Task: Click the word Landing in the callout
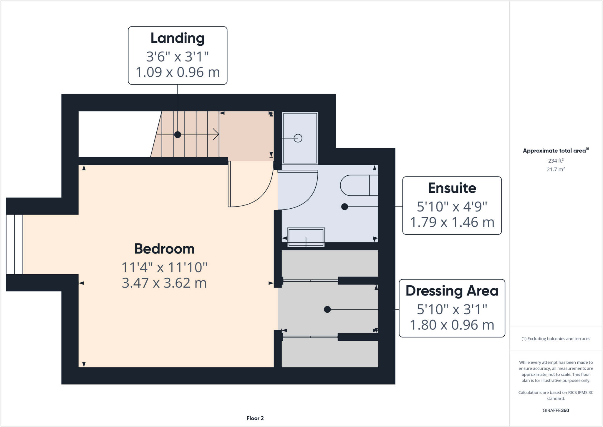(x=178, y=38)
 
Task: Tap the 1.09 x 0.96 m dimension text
(x=178, y=72)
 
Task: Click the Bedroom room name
(x=164, y=249)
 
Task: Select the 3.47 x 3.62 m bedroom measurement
(x=164, y=283)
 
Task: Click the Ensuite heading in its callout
(x=452, y=188)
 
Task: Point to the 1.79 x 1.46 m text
(x=452, y=222)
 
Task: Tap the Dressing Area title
(x=452, y=291)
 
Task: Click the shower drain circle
(x=298, y=138)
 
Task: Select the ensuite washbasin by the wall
(x=306, y=237)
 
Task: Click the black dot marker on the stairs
(x=178, y=135)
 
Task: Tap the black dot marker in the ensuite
(x=344, y=207)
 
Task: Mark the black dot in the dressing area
(x=327, y=309)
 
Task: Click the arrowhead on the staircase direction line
(x=216, y=134)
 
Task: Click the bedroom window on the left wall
(x=14, y=244)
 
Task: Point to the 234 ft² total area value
(x=556, y=161)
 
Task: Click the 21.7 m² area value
(x=556, y=169)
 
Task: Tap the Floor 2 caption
(x=255, y=418)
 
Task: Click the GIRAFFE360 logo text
(x=556, y=410)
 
